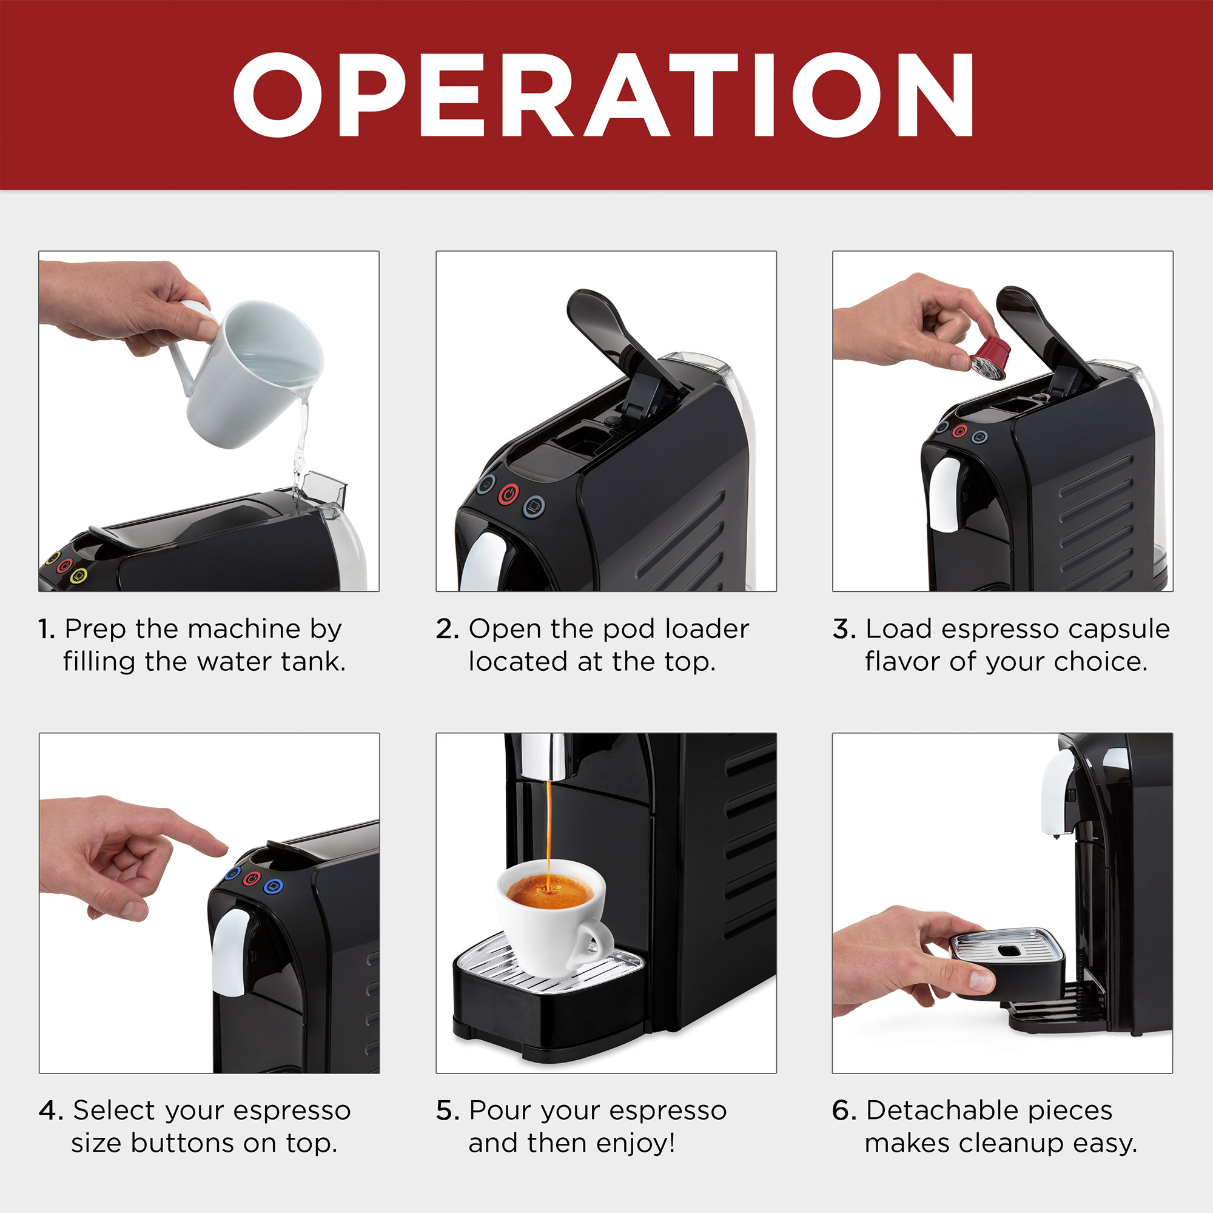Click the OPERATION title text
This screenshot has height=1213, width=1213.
(603, 95)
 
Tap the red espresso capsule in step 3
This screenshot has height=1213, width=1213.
(989, 358)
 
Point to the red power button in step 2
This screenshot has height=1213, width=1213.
(509, 494)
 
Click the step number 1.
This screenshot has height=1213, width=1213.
(46, 629)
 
